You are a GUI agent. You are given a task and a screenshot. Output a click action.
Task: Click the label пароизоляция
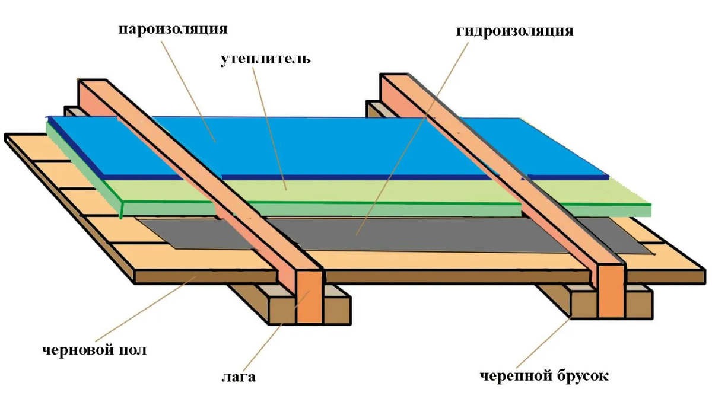[173, 29]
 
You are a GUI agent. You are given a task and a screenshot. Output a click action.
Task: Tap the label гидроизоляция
[514, 31]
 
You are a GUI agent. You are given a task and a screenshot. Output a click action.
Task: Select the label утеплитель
[265, 59]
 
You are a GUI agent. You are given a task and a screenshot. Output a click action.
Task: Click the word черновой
[78, 350]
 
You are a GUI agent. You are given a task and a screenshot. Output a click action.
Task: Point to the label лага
[239, 377]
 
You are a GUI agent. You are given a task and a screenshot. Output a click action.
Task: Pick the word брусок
[583, 376]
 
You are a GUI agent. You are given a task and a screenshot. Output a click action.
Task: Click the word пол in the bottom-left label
[133, 350]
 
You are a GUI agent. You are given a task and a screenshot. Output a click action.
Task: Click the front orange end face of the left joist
[310, 297]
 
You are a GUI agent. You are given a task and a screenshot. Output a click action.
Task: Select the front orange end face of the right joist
[611, 291]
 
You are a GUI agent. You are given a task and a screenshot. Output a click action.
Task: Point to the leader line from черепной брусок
[544, 342]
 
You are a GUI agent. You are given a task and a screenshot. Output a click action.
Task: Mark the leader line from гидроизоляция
[412, 139]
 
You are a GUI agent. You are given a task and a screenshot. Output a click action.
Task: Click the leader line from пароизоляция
[189, 91]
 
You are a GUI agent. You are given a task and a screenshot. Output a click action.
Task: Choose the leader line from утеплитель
[269, 129]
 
